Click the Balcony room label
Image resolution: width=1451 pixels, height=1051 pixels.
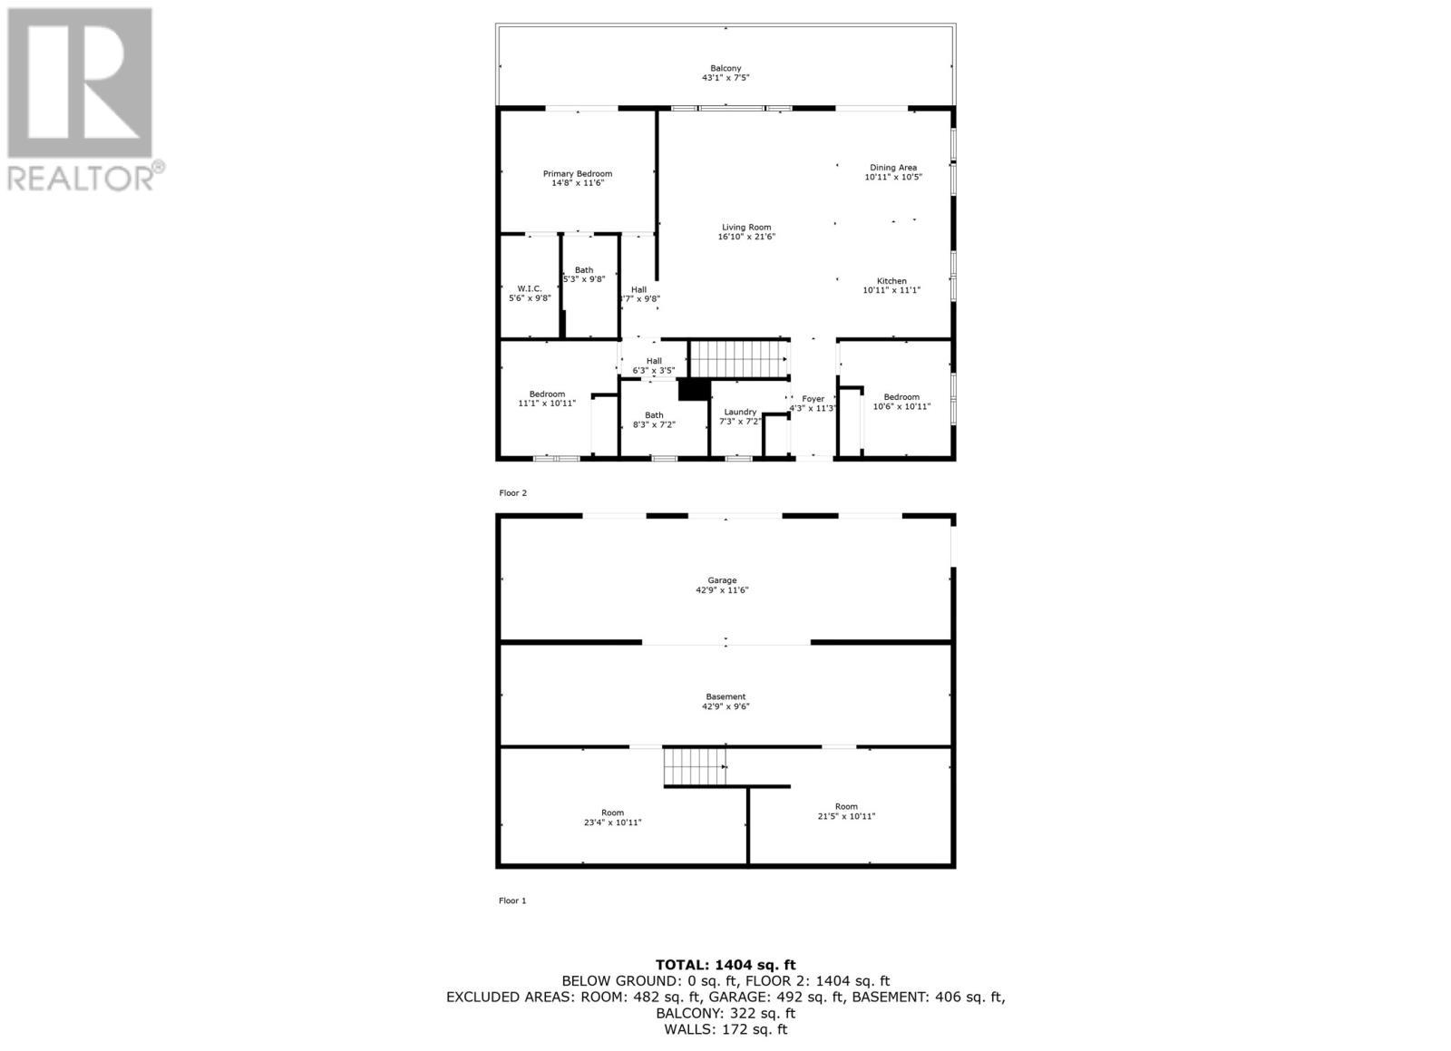[x=725, y=68]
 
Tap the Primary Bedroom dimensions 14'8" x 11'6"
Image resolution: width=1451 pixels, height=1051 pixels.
[x=578, y=183]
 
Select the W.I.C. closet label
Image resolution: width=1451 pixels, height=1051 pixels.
[x=530, y=288]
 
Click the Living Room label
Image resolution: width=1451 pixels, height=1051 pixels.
[x=746, y=228]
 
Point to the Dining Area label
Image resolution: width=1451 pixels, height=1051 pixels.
[x=893, y=168]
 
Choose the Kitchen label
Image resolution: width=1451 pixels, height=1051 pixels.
[x=891, y=281]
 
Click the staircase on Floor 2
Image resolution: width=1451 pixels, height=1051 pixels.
[x=738, y=358]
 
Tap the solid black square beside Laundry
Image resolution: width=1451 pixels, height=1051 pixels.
[x=694, y=389]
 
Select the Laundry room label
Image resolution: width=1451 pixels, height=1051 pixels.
[x=740, y=412]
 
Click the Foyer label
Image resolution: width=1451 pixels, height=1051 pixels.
[x=813, y=399]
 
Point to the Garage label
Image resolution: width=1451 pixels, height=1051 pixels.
[x=722, y=580]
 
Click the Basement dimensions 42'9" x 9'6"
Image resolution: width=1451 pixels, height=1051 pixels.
[x=725, y=706]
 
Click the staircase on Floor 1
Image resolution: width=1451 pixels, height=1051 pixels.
[x=696, y=767]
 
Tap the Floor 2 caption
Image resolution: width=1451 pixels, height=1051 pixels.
[x=512, y=493]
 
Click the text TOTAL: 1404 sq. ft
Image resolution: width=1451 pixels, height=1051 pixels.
[x=725, y=965]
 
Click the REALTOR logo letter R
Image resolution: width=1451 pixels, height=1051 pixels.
[x=80, y=83]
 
